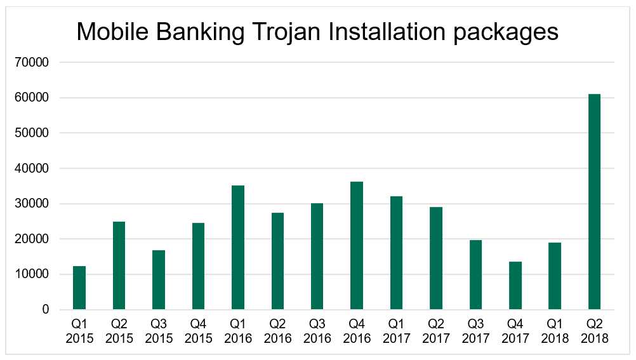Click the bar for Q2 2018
594,202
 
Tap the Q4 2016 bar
357,246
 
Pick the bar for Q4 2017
515,286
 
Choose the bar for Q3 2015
159,280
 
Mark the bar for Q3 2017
475,275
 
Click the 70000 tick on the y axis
36,62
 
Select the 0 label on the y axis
46,310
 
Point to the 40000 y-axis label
36,169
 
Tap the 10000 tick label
36,274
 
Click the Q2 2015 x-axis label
119,331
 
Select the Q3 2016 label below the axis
317,331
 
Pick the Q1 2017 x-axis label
397,331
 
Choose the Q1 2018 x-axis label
555,331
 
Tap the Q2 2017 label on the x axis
436,331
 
